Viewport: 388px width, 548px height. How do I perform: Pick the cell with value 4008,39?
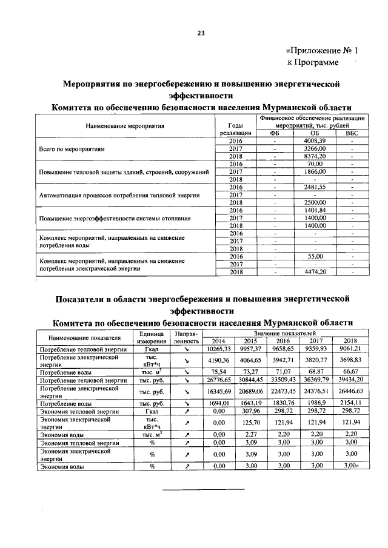pos(314,140)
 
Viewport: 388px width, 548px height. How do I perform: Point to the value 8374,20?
pos(314,156)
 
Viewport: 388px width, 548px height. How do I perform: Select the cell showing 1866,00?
pos(314,171)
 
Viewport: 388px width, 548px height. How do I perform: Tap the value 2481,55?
pos(314,187)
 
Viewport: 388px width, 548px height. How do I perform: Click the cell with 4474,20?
pos(314,272)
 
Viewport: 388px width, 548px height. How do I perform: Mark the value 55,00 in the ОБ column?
pos(314,257)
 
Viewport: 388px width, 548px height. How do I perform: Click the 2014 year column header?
pos(216,342)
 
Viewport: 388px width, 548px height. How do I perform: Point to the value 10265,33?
pos(216,349)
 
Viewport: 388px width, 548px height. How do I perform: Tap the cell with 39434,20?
pos(351,380)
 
